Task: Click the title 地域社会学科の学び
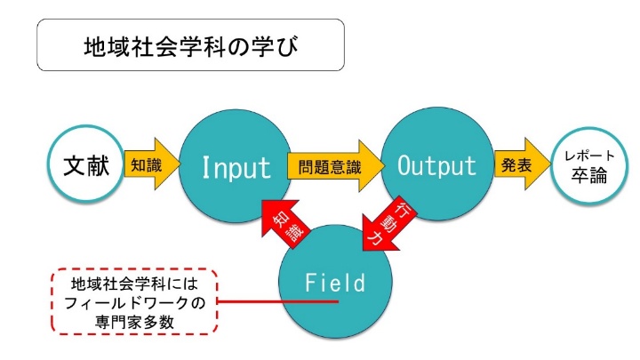click(x=191, y=45)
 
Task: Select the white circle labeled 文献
click(x=86, y=164)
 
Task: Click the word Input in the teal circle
click(x=236, y=167)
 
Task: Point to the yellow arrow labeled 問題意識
click(x=336, y=165)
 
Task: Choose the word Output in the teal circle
click(x=436, y=165)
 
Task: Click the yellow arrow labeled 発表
click(x=522, y=164)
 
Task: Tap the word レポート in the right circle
click(x=589, y=156)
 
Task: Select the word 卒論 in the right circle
click(x=589, y=175)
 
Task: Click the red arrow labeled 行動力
click(x=387, y=225)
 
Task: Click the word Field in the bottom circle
click(x=335, y=283)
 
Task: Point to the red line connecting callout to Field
click(x=277, y=301)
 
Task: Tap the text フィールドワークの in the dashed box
click(x=135, y=303)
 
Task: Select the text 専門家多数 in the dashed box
click(x=135, y=322)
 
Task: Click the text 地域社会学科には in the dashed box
click(x=135, y=284)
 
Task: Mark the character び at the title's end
click(x=287, y=46)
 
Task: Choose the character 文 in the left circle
click(x=74, y=165)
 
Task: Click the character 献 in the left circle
click(x=99, y=165)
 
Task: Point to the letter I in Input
click(x=205, y=167)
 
